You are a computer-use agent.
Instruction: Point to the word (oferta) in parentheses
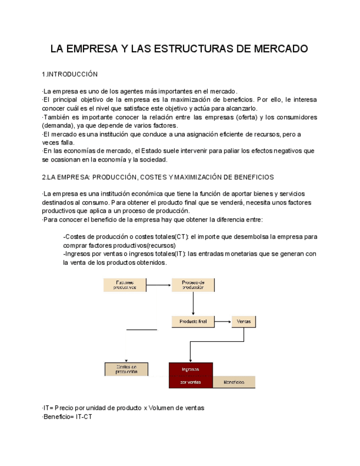click(249, 117)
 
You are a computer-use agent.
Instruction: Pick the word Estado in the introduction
click(153, 151)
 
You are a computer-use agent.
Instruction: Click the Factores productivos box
click(125, 285)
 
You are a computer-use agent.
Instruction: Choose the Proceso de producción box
click(193, 285)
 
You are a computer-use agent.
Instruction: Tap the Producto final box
click(193, 322)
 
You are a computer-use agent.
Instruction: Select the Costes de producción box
click(126, 369)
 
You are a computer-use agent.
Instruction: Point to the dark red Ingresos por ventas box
click(191, 375)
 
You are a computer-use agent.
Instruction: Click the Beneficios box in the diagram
click(234, 382)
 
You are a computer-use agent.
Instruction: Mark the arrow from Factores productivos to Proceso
click(159, 285)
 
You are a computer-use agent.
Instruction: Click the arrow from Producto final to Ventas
click(223, 322)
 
